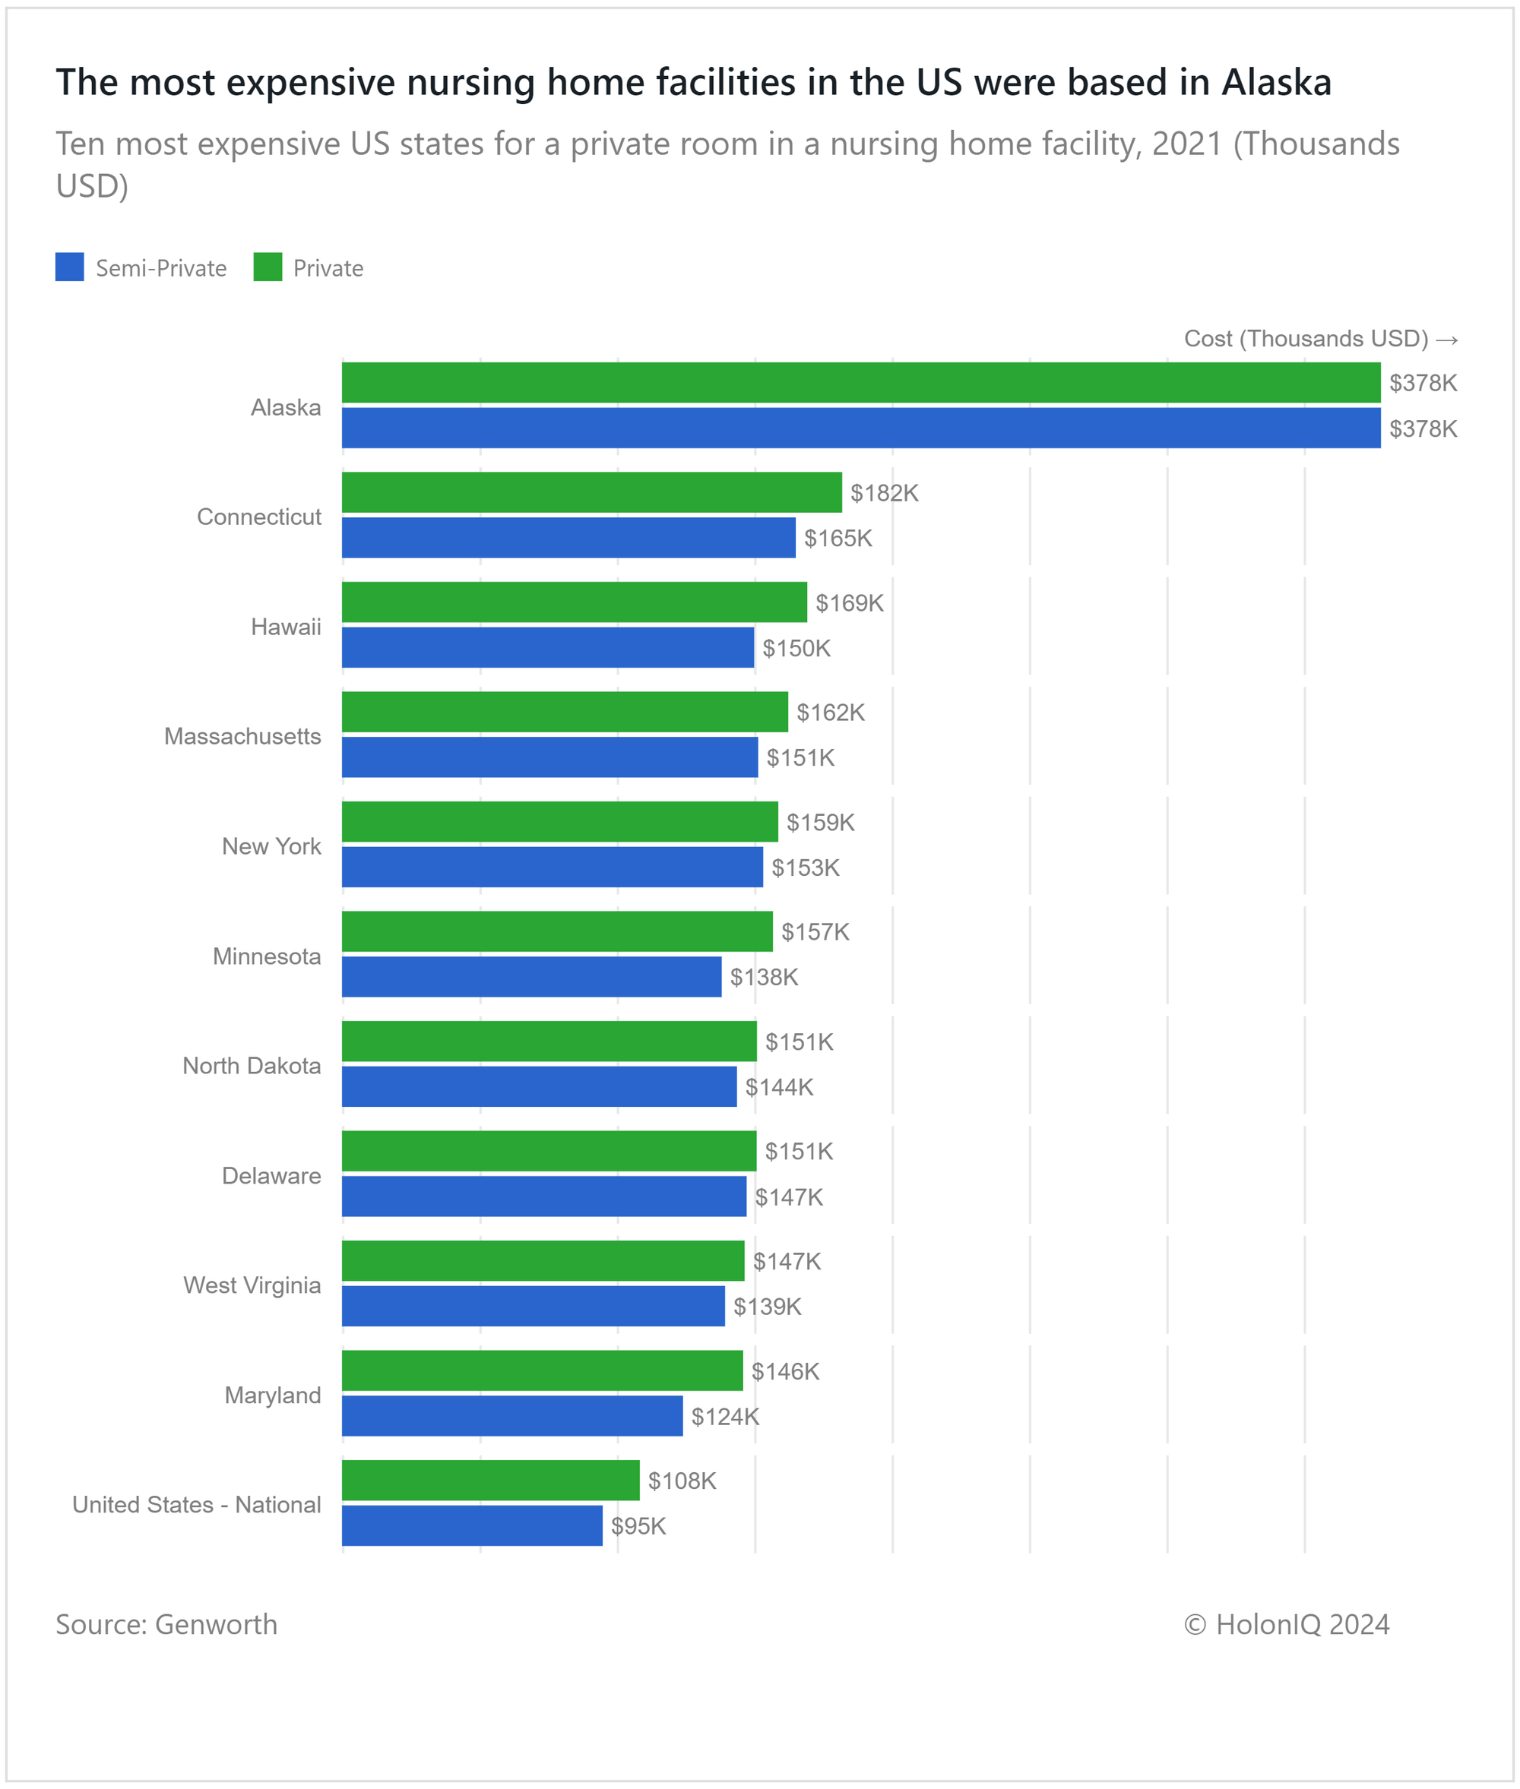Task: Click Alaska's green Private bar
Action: (x=860, y=382)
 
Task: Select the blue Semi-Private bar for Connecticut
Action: (x=568, y=538)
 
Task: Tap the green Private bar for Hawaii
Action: (x=574, y=602)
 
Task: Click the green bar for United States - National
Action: (x=490, y=1480)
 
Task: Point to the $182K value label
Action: (x=884, y=493)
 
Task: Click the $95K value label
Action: (x=638, y=1526)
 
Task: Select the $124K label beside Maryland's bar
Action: (x=725, y=1417)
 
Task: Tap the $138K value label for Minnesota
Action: (x=764, y=977)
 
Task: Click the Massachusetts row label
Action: (x=242, y=736)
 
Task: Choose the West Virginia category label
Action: (x=252, y=1285)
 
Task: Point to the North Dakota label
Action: (x=251, y=1066)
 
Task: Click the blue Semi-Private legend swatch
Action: (x=70, y=267)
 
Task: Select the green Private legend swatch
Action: (x=268, y=267)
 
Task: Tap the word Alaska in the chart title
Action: (x=1276, y=83)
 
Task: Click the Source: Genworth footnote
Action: (x=166, y=1624)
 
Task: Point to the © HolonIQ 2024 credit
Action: (x=1286, y=1624)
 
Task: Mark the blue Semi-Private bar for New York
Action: (x=552, y=867)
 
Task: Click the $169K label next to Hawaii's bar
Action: (x=849, y=603)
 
